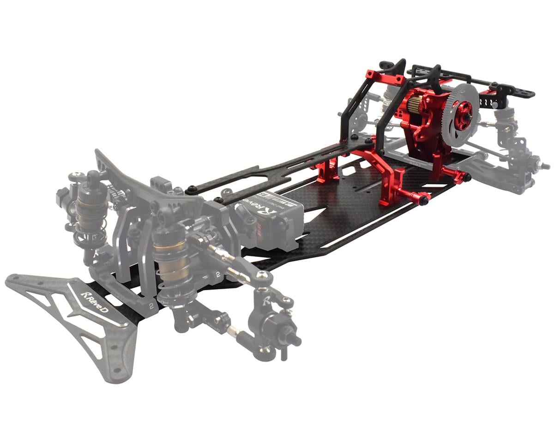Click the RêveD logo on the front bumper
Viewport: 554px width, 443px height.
click(95, 302)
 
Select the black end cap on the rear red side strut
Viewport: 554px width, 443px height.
click(467, 177)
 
